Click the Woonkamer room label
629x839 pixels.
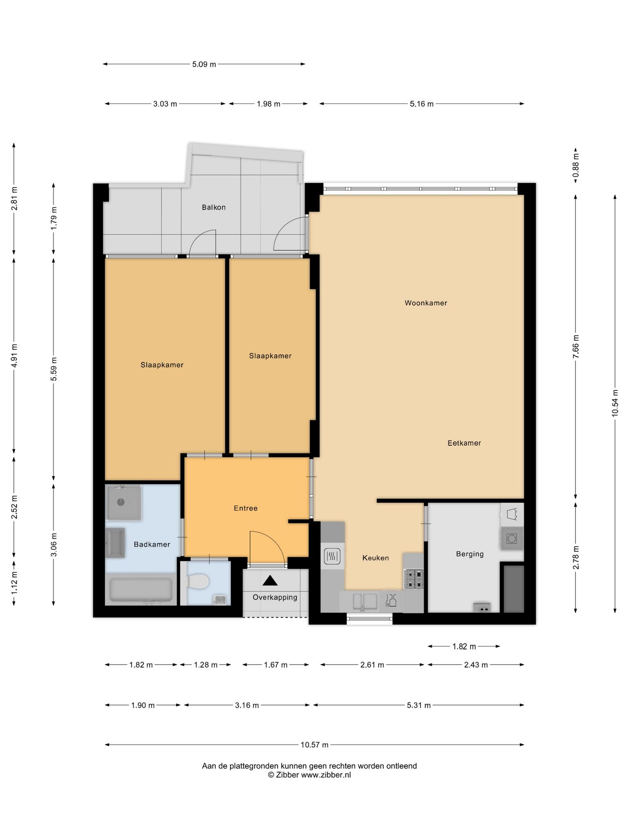[425, 303]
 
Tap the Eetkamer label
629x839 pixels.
[464, 443]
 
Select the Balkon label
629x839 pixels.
[213, 207]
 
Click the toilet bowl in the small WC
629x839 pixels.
[198, 581]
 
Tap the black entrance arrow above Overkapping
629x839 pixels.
[270, 580]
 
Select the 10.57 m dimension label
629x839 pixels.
[314, 745]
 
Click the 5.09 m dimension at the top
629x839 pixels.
[204, 64]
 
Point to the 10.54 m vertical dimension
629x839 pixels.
[615, 403]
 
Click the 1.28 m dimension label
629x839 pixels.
[206, 665]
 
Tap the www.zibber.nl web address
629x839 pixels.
[326, 775]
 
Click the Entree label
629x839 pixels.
[246, 508]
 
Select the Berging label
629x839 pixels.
[470, 554]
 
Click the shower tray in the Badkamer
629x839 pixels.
[124, 503]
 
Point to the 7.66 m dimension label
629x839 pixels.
[576, 347]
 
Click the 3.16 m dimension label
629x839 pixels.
[247, 705]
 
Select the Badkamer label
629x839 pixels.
[152, 544]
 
